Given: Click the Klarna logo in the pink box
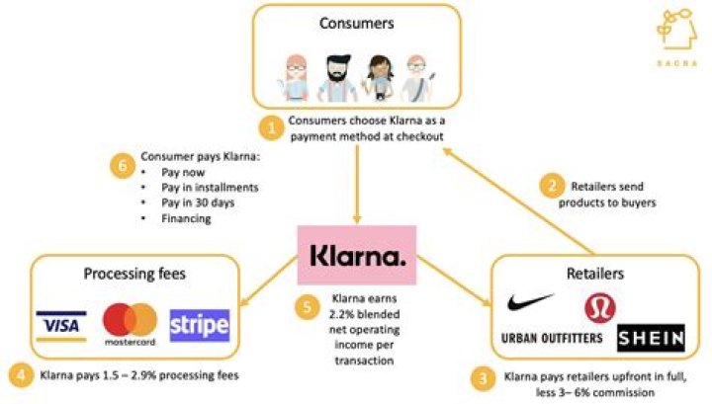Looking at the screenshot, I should (x=357, y=257).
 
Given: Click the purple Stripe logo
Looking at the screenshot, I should (x=199, y=324).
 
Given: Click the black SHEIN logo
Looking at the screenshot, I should (x=650, y=339).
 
